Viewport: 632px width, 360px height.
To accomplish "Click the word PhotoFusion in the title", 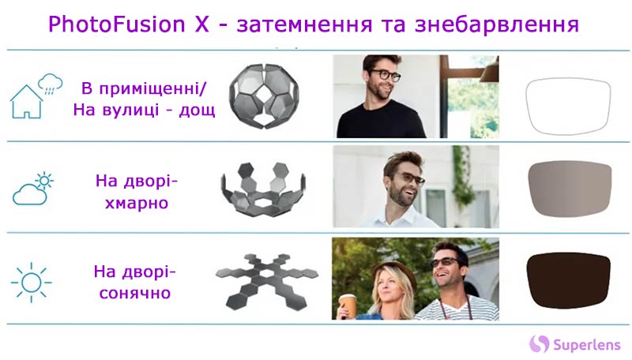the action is (117, 24).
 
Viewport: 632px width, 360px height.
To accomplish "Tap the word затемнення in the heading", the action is (304, 24).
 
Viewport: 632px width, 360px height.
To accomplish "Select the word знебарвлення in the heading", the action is (497, 24).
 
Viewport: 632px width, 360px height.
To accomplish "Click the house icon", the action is (27, 102).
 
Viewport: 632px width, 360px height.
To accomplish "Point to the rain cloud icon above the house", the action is (51, 84).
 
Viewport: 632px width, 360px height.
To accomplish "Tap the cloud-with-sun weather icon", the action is (33, 189).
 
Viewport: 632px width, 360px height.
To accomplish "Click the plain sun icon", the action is (32, 283).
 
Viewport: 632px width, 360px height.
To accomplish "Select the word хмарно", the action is (137, 203).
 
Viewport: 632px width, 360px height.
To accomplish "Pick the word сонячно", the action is (135, 293).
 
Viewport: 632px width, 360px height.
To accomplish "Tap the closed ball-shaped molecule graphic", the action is (265, 96).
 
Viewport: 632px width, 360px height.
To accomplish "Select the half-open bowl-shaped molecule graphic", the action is (263, 189).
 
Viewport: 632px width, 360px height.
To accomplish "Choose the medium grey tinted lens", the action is (570, 189).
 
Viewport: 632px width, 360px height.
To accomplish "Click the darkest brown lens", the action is (568, 280).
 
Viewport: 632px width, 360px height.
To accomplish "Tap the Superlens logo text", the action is (586, 345).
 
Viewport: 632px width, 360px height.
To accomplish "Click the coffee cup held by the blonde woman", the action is (348, 306).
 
